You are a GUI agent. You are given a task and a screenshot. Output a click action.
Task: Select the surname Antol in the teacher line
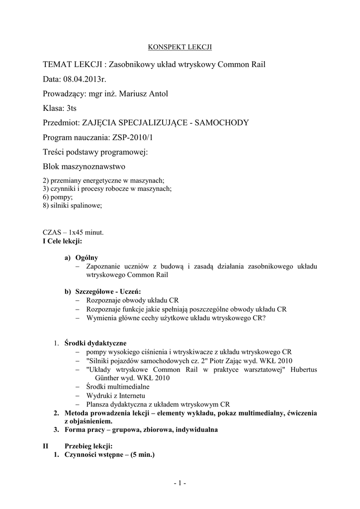coord(158,93)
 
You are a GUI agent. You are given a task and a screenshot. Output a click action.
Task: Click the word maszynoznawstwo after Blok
coord(94,166)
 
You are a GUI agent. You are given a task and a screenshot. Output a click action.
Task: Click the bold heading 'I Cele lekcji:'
coord(63,241)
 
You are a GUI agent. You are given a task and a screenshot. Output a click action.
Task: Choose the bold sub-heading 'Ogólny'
coord(87,257)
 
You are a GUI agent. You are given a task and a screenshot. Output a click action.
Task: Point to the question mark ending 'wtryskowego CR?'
coord(264,318)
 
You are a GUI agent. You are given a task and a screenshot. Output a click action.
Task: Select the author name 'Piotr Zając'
coord(230,360)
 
